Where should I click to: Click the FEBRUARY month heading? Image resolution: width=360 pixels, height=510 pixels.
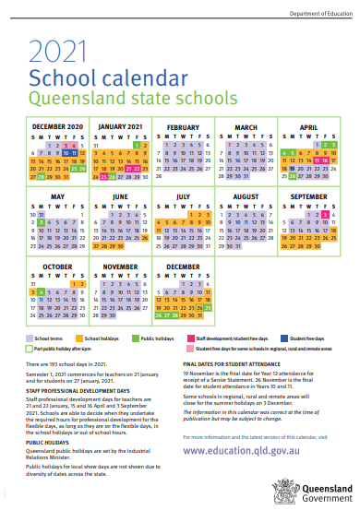pos(184,127)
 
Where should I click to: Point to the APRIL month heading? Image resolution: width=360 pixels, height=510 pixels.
pos(307,127)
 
